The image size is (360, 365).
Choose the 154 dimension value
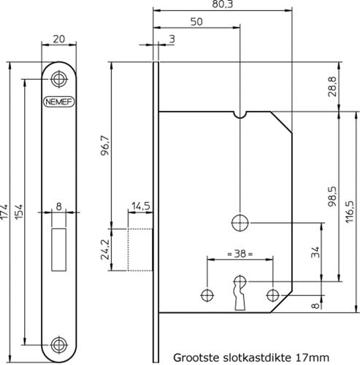[26, 212]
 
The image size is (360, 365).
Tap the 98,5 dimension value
[332, 195]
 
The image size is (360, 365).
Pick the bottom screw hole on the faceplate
[57, 343]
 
